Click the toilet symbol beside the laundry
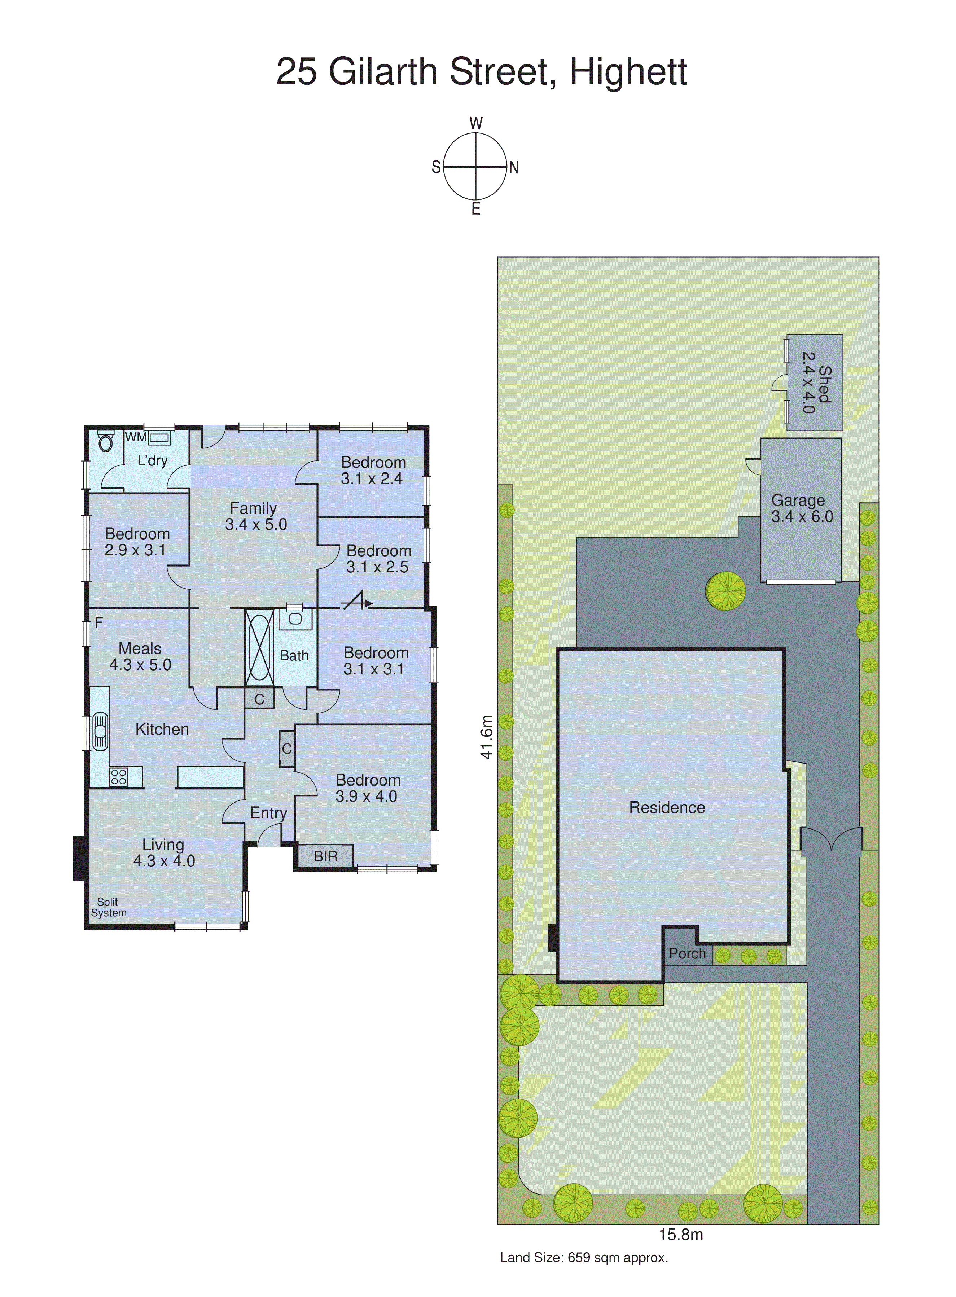(105, 442)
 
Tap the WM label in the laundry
(135, 438)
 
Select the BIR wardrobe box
(325, 856)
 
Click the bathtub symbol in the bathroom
(259, 647)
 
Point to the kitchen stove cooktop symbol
(119, 777)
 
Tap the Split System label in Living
(108, 907)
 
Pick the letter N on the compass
(514, 168)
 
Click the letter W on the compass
(476, 123)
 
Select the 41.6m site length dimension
(487, 737)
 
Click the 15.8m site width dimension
(680, 1235)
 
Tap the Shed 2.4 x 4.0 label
(816, 383)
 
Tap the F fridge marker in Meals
(99, 623)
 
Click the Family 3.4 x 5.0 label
(255, 516)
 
